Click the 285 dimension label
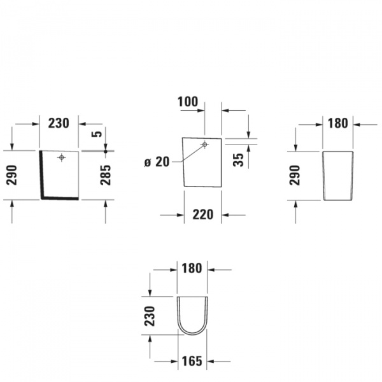point(106,174)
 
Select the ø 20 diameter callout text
point(157,162)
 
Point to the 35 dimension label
point(238,159)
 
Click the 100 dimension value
point(188,102)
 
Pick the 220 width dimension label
point(202,215)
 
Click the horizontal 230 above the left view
point(59,123)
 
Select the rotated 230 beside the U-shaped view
point(150,316)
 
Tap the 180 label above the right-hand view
point(337,123)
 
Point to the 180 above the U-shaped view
point(191,268)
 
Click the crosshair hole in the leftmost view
point(62,157)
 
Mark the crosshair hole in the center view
point(205,145)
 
